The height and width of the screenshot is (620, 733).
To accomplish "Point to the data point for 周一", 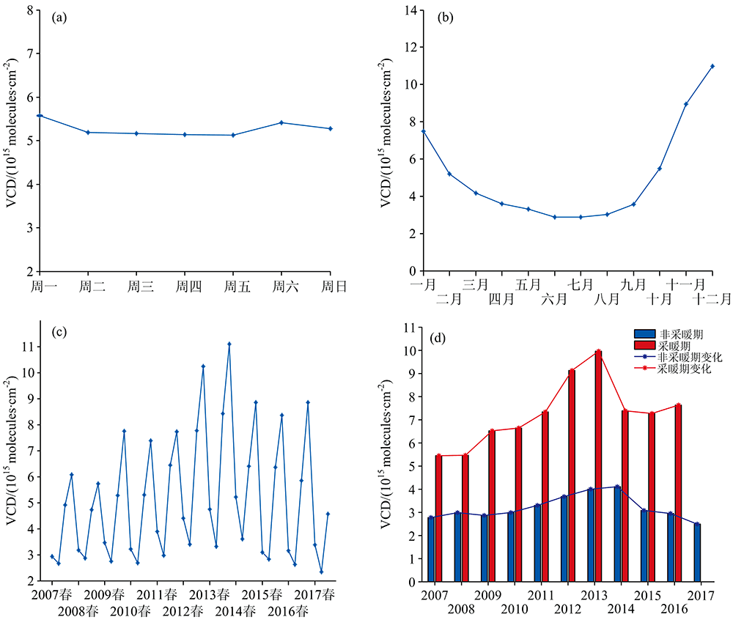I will coord(40,116).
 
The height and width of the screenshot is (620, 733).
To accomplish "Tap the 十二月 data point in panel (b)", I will coord(712,66).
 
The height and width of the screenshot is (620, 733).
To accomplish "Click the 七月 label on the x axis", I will coord(581,284).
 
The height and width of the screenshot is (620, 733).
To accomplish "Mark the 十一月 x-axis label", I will coord(686,284).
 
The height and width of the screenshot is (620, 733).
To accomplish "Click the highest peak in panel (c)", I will coord(229,344).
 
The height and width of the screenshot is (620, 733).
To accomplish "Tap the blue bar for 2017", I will coord(697,552).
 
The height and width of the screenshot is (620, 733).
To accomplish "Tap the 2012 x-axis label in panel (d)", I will coord(566,609).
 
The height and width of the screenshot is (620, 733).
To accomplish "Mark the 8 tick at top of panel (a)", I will coord(29,10).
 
